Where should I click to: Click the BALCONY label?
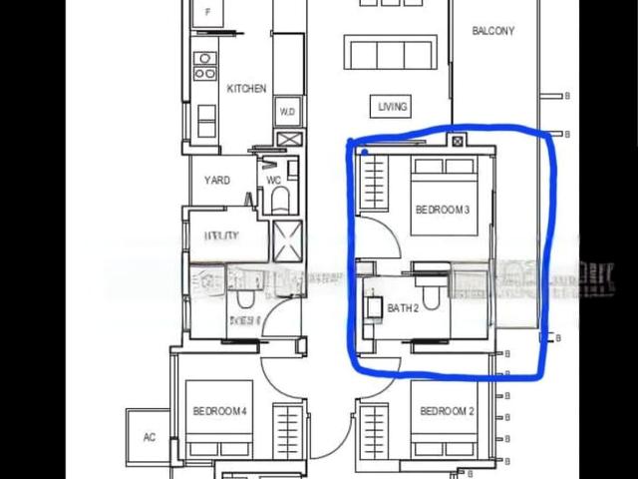(x=493, y=31)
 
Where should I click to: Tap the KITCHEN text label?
(x=246, y=89)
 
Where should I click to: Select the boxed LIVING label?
(x=393, y=106)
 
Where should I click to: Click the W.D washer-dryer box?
(x=287, y=111)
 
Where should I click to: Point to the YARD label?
(x=217, y=181)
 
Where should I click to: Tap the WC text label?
(x=274, y=181)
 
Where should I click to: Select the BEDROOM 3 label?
(x=442, y=210)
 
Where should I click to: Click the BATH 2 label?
(x=403, y=308)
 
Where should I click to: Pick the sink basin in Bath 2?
(x=376, y=308)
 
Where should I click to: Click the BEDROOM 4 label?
(x=220, y=411)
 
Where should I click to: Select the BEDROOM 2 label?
(x=447, y=411)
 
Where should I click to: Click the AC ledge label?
(x=150, y=437)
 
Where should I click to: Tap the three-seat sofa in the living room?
(x=390, y=52)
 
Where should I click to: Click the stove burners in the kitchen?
(x=205, y=66)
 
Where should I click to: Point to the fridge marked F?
(x=208, y=12)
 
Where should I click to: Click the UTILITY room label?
(x=220, y=236)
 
